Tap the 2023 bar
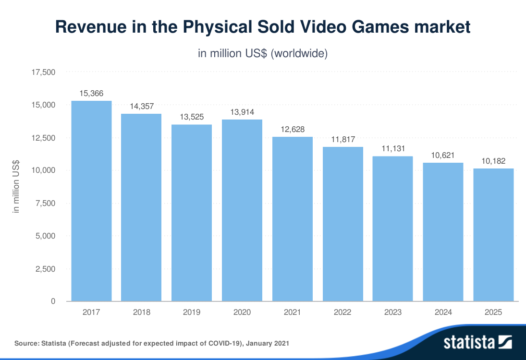pos(393,228)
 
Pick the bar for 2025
pos(493,235)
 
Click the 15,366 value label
pos(91,93)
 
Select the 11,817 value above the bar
pos(343,139)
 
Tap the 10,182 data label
pos(493,161)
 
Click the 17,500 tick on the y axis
pos(44,72)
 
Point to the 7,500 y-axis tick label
pos(46,204)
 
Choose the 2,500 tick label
pos(46,269)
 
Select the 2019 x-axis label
pos(192,312)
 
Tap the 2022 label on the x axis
pos(343,312)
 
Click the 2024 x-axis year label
pos(443,312)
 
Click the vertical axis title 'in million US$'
pos(16,187)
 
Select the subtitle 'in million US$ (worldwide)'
pos(263,53)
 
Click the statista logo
pos(477,342)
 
